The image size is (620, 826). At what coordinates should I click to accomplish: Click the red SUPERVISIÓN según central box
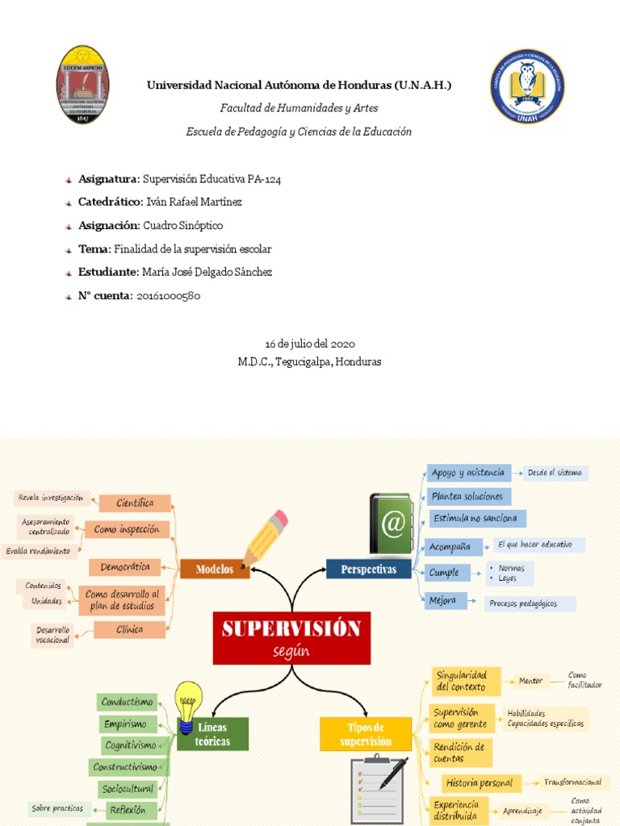[291, 638]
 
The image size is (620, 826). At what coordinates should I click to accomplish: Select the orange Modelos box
[215, 569]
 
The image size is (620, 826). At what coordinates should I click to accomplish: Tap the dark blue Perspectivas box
[368, 569]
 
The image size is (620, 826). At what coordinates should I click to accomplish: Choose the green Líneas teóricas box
[213, 734]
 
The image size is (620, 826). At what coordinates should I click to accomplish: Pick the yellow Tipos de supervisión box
[366, 734]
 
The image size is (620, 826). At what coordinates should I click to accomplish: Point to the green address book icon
[392, 524]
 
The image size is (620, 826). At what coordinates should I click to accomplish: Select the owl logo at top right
[528, 86]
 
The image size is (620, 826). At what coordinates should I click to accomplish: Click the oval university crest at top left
[83, 85]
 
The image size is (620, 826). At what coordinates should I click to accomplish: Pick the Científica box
[135, 503]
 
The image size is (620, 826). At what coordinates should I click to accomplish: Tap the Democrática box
[125, 567]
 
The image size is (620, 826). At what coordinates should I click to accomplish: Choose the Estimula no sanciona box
[475, 518]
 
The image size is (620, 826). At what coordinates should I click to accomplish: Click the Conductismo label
[128, 703]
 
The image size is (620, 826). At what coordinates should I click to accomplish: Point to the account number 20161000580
[168, 296]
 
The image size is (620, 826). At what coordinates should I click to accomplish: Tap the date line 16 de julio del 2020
[310, 344]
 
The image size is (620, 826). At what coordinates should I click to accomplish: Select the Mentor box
[530, 682]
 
